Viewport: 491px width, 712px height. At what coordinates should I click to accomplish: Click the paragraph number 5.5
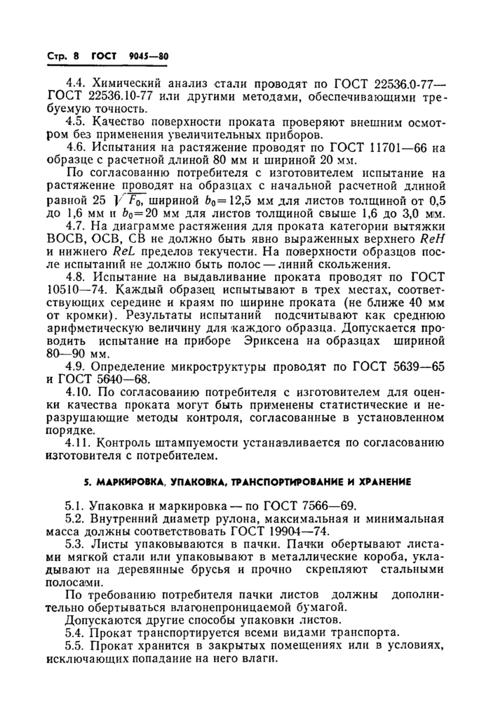click(74, 647)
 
